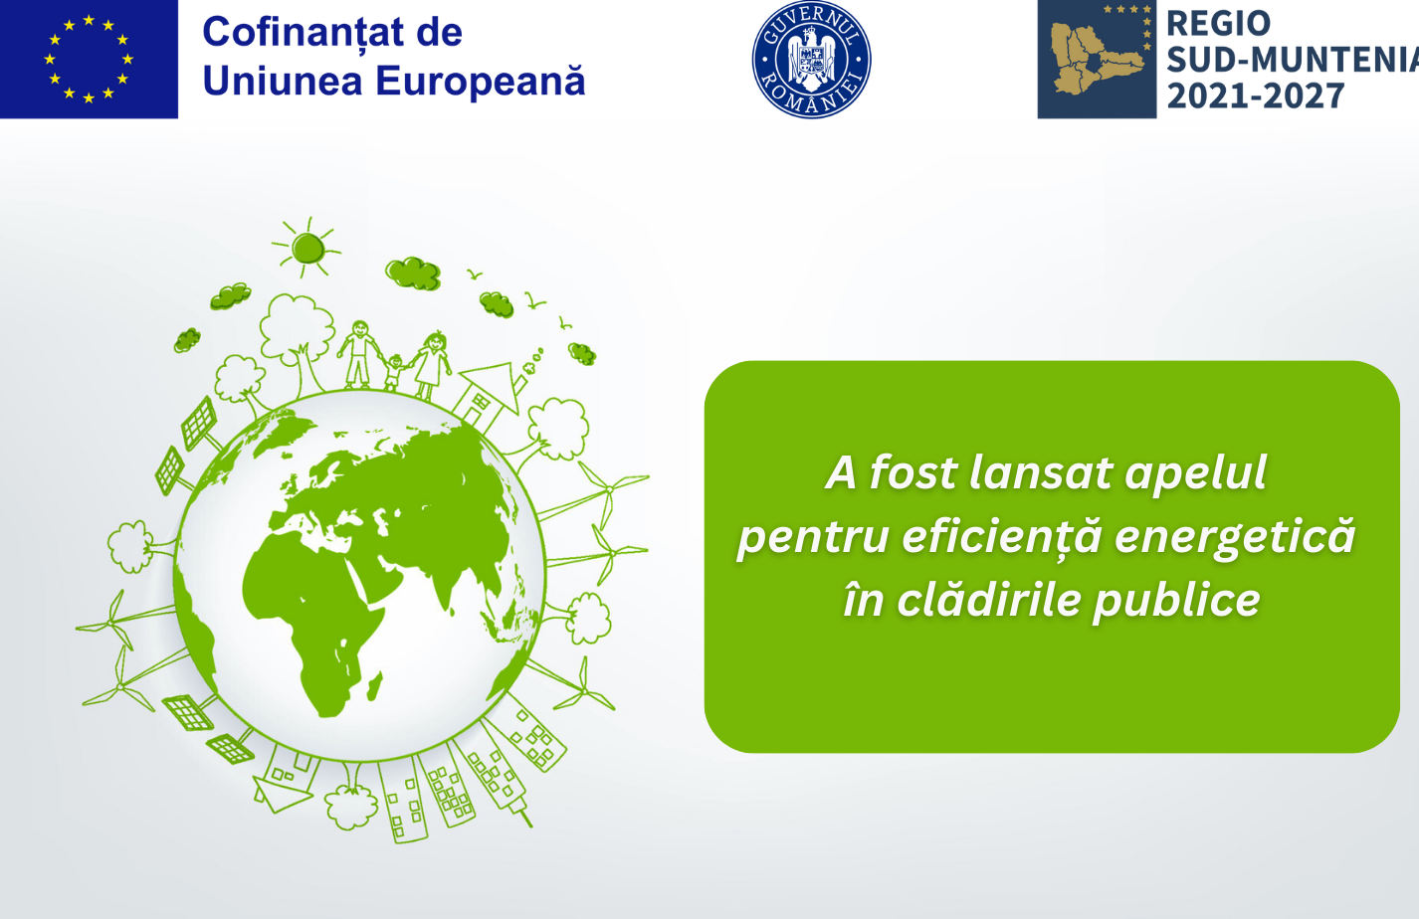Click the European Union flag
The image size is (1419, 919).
[x=89, y=59]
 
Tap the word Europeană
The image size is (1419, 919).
[x=481, y=81]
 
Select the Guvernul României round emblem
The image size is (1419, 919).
[x=811, y=59]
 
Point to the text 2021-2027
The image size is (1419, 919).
[x=1256, y=96]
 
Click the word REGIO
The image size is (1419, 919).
[x=1218, y=24]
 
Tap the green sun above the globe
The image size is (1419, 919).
[x=307, y=248]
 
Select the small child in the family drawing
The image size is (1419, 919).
[x=394, y=372]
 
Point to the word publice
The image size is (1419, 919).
[x=1177, y=601]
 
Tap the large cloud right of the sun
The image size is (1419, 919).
[x=413, y=274]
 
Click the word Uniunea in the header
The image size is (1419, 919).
[x=283, y=81]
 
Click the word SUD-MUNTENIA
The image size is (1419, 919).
[x=1293, y=60]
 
